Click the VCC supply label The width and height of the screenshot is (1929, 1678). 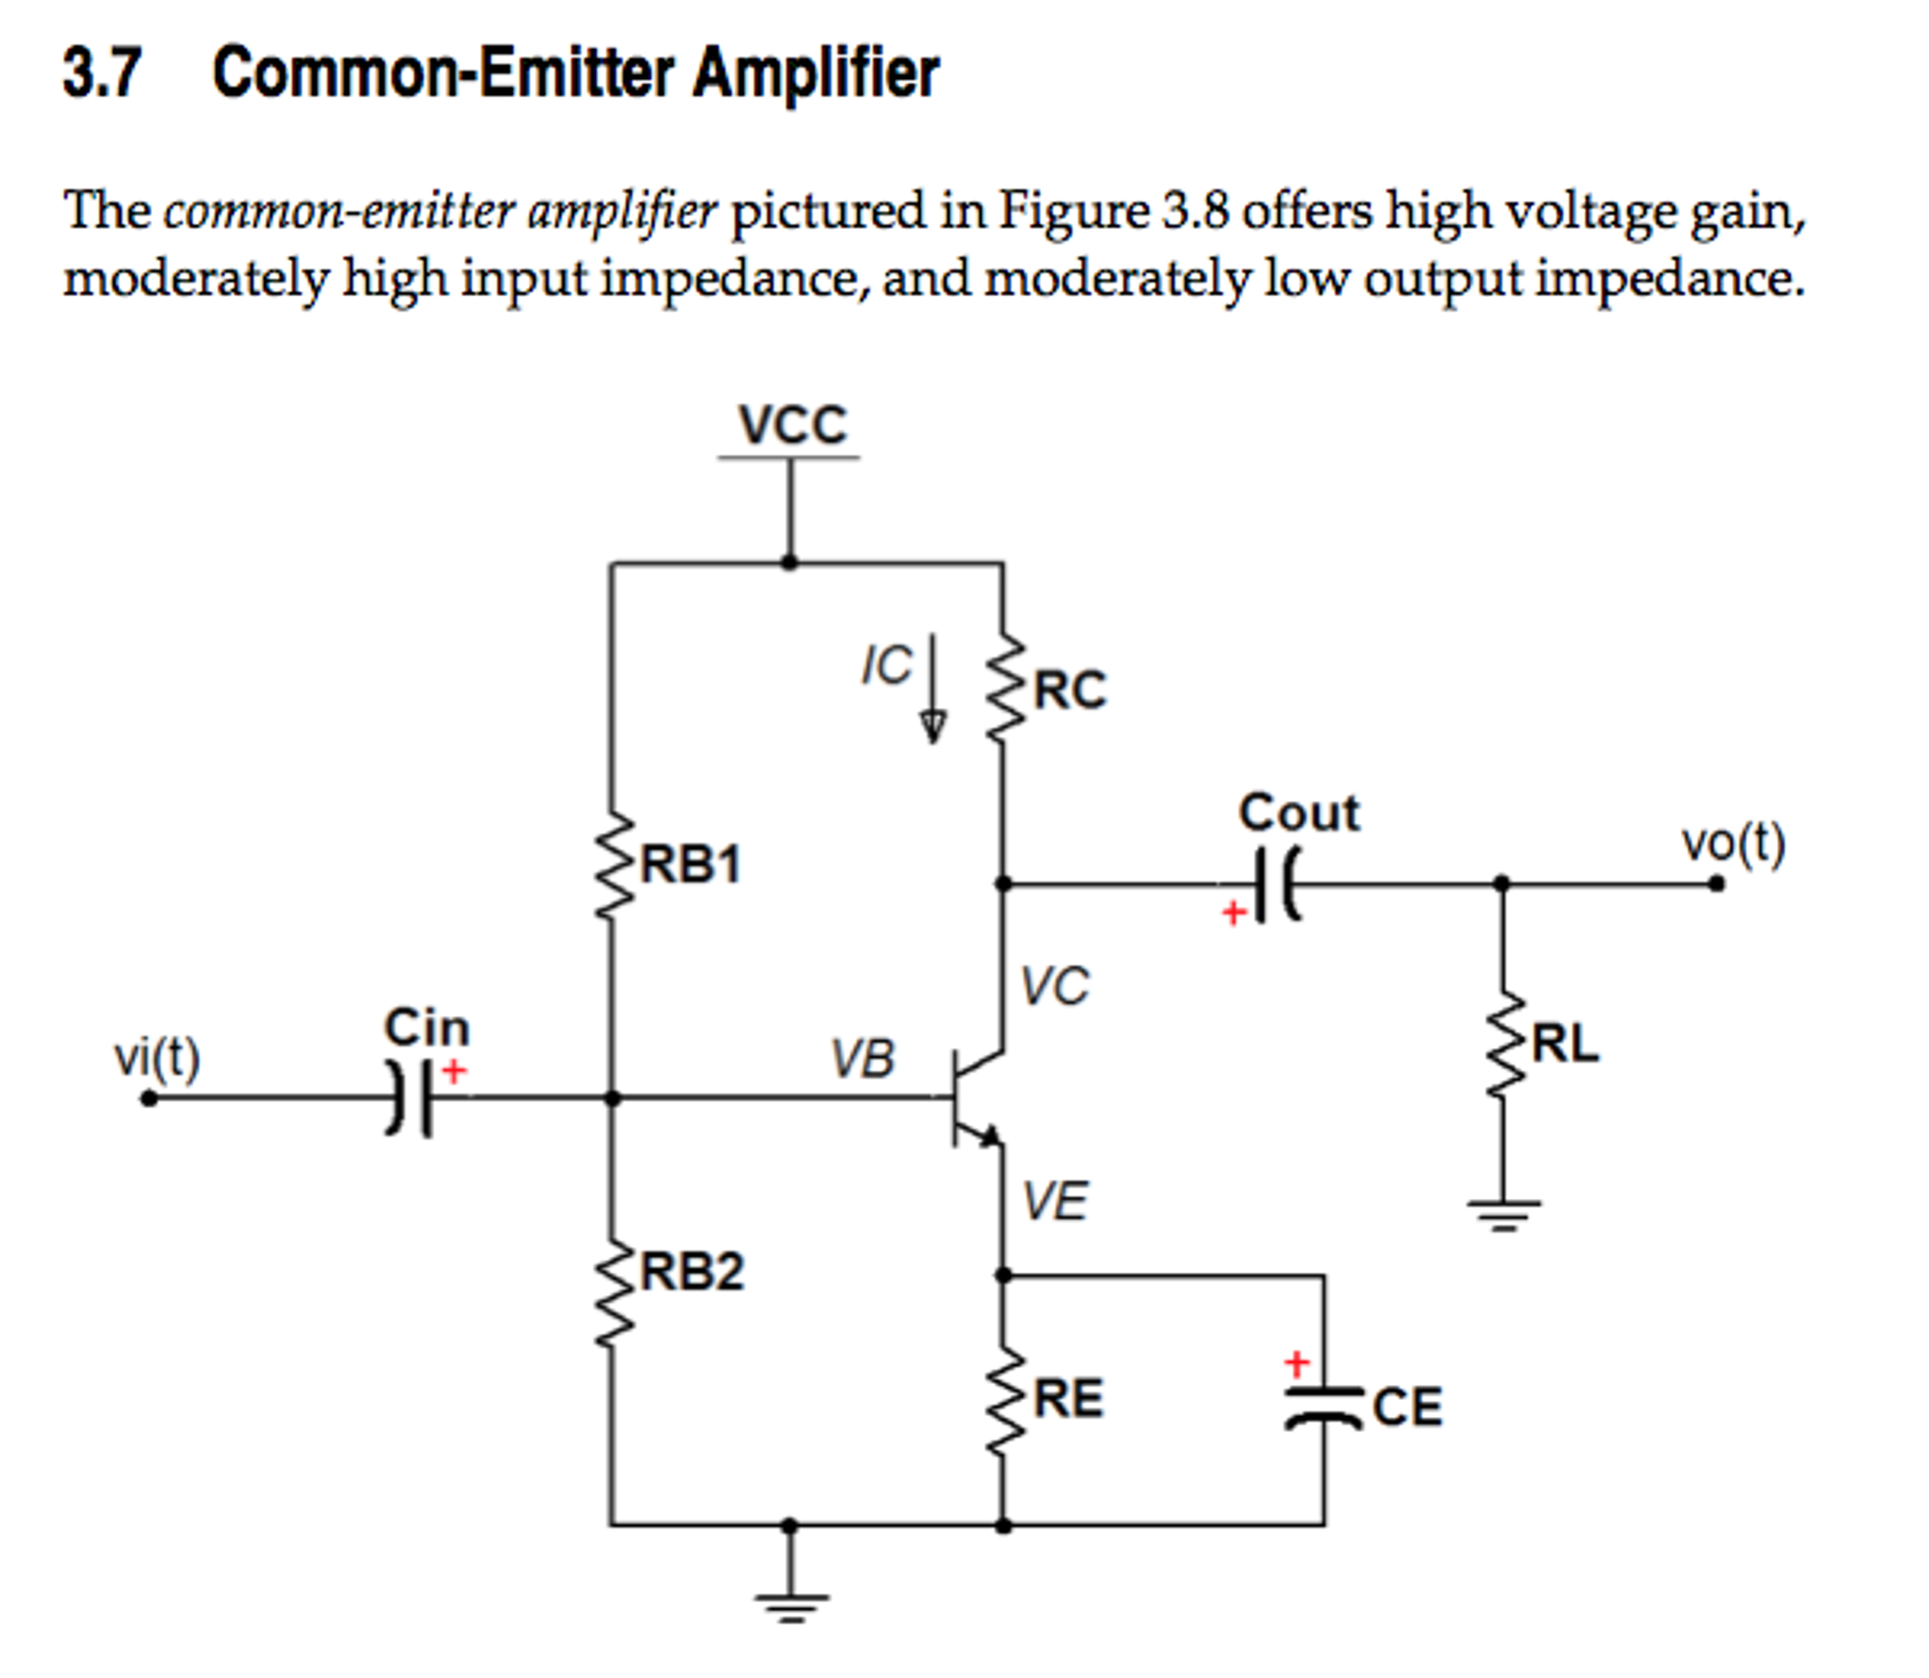tap(792, 425)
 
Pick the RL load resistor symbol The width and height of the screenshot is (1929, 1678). tap(1503, 1044)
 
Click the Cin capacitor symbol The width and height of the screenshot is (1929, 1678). tap(411, 1097)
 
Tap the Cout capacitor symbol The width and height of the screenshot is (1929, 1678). tap(1277, 884)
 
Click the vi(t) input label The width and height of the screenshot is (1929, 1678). tap(157, 1058)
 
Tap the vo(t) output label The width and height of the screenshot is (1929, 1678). tap(1733, 844)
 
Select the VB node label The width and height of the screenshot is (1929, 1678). tap(862, 1059)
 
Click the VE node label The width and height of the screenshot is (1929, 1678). tap(1055, 1201)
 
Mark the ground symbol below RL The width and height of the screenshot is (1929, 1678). tap(1503, 1213)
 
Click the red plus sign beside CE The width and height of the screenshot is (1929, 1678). tap(1297, 1363)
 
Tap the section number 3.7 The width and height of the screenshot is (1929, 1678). tap(102, 73)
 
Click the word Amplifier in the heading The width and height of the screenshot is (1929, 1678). tap(816, 73)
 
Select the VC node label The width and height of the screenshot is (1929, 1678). tap(1055, 986)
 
